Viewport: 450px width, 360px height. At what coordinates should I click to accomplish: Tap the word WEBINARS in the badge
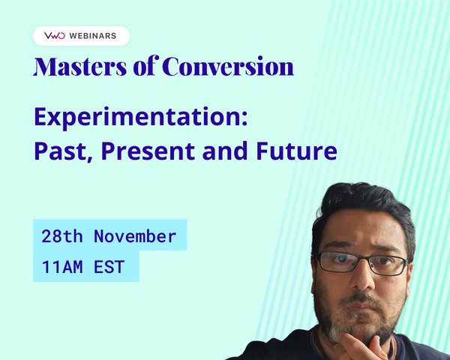(94, 36)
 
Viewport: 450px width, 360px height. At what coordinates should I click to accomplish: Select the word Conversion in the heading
(229, 67)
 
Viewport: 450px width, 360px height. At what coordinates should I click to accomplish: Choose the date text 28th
(63, 237)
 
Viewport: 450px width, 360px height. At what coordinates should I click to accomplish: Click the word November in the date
(135, 237)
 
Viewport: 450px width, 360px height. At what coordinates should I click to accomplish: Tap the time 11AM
(63, 266)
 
